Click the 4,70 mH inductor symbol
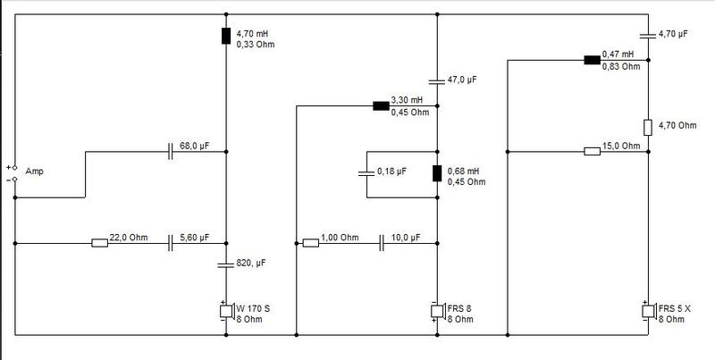coord(226,36)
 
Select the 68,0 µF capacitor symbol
coord(171,151)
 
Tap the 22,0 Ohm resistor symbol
coord(99,243)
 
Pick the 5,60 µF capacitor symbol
coord(171,243)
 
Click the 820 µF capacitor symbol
coord(226,264)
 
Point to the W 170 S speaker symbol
coord(227,311)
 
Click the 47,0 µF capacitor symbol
coord(437,82)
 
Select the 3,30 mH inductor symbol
coord(382,106)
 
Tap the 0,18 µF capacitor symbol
coord(366,173)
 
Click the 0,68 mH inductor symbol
coord(437,173)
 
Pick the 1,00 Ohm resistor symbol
coord(311,243)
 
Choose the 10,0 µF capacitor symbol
coord(382,243)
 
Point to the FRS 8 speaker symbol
coord(438,311)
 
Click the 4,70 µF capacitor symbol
coord(648,36)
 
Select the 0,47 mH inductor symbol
coord(593,60)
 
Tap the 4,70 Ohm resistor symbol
coord(648,128)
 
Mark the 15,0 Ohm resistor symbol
coord(593,151)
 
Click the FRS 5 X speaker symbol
coord(649,311)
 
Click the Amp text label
coord(34,172)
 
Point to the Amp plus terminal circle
coord(14,168)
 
